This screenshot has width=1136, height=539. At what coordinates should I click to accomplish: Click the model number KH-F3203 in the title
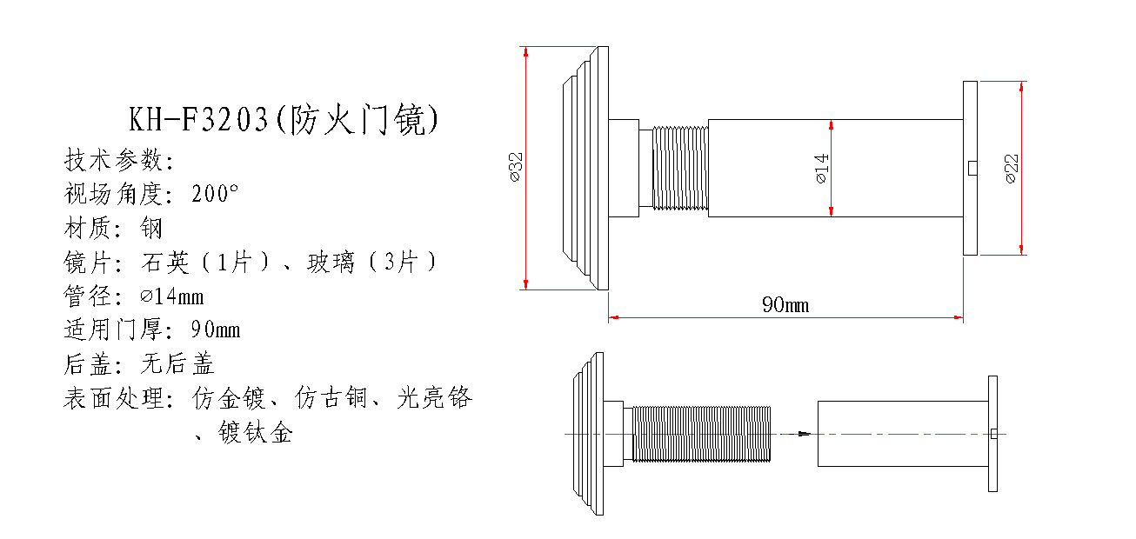pyautogui.click(x=198, y=120)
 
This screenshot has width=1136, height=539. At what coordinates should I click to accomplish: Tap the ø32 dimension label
pyautogui.click(x=515, y=167)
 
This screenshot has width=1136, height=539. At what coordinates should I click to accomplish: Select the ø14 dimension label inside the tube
pyautogui.click(x=822, y=168)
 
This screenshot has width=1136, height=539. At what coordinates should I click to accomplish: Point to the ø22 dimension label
pyautogui.click(x=1011, y=169)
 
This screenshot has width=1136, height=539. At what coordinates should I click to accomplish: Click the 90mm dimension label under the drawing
pyautogui.click(x=785, y=305)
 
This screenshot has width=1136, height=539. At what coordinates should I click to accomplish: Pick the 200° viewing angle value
pyautogui.click(x=215, y=194)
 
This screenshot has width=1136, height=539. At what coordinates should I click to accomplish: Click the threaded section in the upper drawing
pyautogui.click(x=680, y=168)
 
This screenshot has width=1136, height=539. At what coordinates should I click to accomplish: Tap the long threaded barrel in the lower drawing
pyautogui.click(x=702, y=434)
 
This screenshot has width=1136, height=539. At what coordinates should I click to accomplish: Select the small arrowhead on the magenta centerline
pyautogui.click(x=805, y=434)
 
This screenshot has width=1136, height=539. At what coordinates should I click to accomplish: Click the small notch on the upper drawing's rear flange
pyautogui.click(x=972, y=168)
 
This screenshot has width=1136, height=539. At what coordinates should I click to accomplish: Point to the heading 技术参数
pyautogui.click(x=113, y=160)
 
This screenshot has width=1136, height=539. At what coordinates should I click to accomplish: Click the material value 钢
pyautogui.click(x=151, y=228)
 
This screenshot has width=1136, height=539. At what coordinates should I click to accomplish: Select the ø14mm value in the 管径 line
pyautogui.click(x=172, y=296)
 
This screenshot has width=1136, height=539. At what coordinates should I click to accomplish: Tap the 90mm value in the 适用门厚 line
pyautogui.click(x=216, y=329)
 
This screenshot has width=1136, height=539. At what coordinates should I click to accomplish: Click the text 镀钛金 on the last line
pyautogui.click(x=256, y=433)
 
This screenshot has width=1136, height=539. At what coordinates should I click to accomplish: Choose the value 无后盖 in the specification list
pyautogui.click(x=177, y=363)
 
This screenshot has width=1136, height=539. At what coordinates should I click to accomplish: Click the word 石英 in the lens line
pyautogui.click(x=165, y=263)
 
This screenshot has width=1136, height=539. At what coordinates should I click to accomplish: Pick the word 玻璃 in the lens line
pyautogui.click(x=331, y=263)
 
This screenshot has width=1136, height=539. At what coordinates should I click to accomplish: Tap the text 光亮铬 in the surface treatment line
pyautogui.click(x=435, y=397)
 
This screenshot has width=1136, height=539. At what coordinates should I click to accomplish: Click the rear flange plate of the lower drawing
pyautogui.click(x=993, y=434)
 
